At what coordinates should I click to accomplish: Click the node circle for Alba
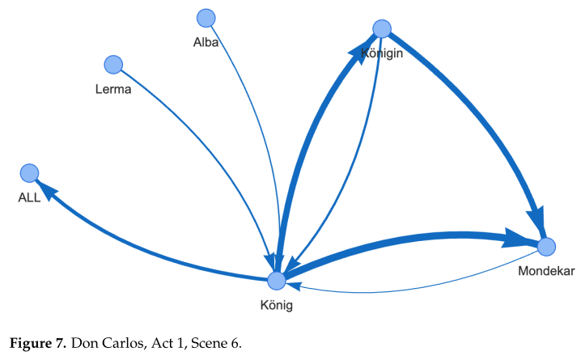(x=206, y=17)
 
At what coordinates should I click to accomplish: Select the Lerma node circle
(x=113, y=64)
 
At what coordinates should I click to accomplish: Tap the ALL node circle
(x=30, y=172)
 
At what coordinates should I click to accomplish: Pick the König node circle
(x=277, y=280)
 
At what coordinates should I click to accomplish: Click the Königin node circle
(x=382, y=29)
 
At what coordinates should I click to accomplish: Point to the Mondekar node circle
(x=546, y=246)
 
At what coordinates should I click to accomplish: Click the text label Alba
(x=206, y=40)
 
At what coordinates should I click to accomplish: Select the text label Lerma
(x=113, y=89)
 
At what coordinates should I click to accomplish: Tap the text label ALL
(x=30, y=197)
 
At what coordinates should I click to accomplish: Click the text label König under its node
(x=277, y=306)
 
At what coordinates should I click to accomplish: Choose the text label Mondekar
(x=546, y=271)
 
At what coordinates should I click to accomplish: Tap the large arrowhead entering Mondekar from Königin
(x=536, y=222)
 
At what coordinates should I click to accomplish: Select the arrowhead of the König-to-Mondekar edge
(x=518, y=239)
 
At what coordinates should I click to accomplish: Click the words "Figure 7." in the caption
(x=41, y=342)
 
